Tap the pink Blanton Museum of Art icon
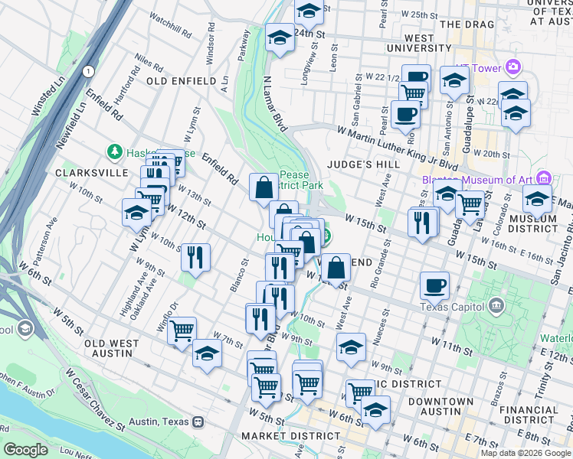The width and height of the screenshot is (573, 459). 544,178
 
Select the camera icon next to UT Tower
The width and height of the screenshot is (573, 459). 512,67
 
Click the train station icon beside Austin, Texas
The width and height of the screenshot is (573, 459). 198,421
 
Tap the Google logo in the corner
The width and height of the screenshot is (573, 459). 25,450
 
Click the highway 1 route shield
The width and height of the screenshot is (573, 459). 90,71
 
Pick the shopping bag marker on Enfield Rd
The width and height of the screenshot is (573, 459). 264,187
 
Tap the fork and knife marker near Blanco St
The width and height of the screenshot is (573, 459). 196,256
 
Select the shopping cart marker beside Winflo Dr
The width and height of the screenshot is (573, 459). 182,331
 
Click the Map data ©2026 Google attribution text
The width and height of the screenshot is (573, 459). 526,453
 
